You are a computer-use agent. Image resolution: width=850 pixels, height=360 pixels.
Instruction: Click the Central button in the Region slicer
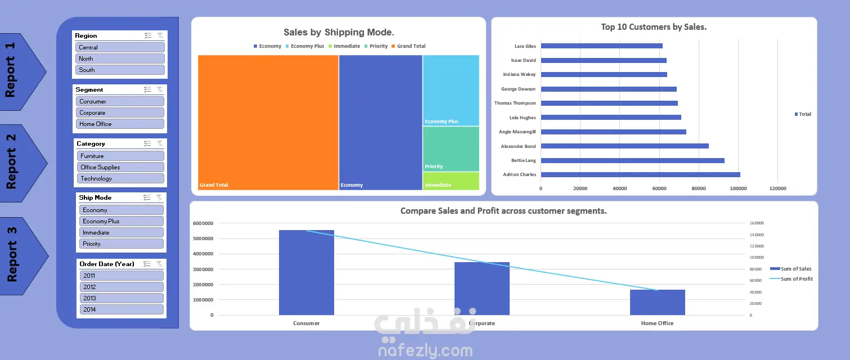pos(120,47)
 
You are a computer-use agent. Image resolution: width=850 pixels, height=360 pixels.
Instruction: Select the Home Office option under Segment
pos(120,124)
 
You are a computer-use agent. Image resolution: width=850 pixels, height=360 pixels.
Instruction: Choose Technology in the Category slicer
pos(121,178)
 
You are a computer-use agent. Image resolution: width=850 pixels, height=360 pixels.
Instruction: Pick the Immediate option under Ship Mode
pos(122,232)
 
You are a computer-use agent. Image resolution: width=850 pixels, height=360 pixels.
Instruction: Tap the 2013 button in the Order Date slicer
pos(122,298)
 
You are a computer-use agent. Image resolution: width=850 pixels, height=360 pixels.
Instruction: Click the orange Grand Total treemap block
pos(268,123)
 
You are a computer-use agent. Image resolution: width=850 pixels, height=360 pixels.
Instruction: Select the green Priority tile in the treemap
pos(451,148)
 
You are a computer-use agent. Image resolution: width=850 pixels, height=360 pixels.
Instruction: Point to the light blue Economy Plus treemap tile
pos(451,91)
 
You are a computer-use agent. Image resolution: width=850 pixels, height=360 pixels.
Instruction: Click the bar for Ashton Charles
pos(640,174)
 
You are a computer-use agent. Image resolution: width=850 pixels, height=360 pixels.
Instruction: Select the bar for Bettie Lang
pos(632,160)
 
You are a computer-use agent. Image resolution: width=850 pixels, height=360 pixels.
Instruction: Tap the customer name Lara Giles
pos(525,46)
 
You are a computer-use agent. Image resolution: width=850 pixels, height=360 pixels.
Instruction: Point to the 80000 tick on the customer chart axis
pos(699,188)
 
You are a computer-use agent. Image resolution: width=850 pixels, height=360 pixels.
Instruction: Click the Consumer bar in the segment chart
pos(307,272)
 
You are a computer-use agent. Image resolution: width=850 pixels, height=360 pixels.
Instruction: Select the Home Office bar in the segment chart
pos(658,302)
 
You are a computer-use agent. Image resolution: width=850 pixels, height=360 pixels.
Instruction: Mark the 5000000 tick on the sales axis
pos(203,238)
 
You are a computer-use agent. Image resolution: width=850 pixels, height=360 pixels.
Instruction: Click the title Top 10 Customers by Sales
pos(654,27)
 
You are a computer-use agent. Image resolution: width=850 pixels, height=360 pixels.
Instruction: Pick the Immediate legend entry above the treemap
pos(344,46)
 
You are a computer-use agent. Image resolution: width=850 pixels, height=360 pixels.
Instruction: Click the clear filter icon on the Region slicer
pos(160,35)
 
